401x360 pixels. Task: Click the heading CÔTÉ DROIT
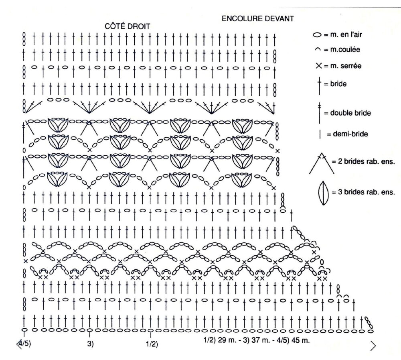point(128,26)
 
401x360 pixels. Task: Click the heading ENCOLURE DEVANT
point(258,18)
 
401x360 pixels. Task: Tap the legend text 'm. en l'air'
point(346,34)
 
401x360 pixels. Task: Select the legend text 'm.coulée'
point(345,49)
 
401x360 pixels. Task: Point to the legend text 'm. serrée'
point(346,66)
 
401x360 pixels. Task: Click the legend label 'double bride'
point(350,113)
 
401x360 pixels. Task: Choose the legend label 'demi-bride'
point(350,134)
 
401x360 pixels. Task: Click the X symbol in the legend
point(319,66)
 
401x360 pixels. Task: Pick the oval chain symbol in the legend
point(317,35)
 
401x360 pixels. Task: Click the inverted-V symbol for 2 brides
point(322,163)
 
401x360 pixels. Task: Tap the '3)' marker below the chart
point(91,344)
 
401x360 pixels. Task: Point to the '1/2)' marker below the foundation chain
point(152,344)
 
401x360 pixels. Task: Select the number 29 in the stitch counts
point(221,341)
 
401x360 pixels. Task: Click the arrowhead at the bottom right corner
point(373,346)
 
